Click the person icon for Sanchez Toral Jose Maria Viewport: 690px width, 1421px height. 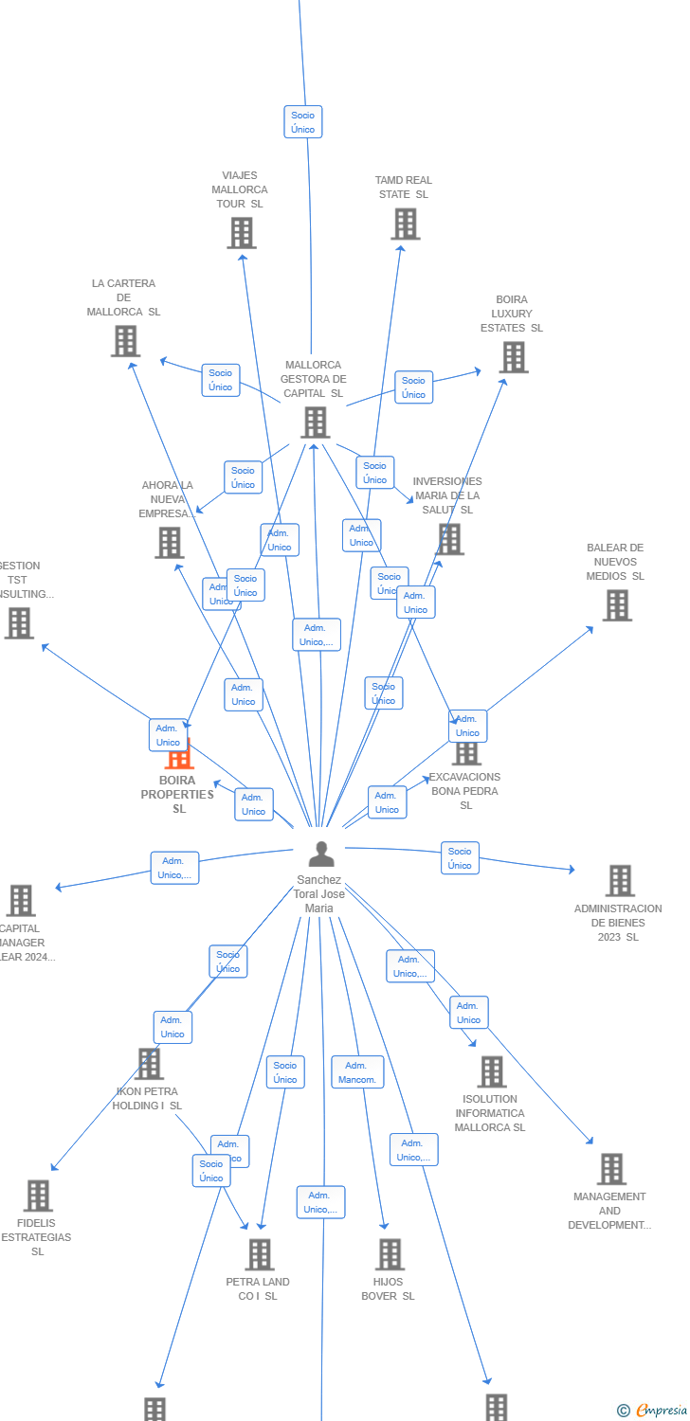(x=321, y=854)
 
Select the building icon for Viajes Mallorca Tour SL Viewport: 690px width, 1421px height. (x=242, y=232)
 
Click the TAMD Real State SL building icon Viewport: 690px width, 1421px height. (x=405, y=225)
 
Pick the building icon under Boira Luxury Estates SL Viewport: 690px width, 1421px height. (x=514, y=357)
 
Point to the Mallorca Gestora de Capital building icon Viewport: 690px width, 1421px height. (x=315, y=423)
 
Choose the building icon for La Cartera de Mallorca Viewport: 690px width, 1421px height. (x=125, y=341)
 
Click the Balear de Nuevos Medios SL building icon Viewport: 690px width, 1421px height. (x=617, y=605)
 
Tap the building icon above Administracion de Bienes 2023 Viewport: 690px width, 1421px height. (x=620, y=880)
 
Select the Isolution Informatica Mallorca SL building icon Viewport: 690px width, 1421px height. (x=491, y=1071)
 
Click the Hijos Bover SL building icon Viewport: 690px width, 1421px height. (x=390, y=1254)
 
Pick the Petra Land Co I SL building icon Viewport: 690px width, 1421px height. (x=259, y=1254)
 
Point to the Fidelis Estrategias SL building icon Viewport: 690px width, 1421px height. (x=38, y=1196)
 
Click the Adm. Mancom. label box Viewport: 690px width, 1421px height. (x=357, y=1072)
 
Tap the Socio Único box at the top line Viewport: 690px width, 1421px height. (x=303, y=122)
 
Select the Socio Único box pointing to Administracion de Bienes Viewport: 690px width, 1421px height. (x=460, y=858)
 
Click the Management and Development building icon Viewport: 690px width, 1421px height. (x=611, y=1169)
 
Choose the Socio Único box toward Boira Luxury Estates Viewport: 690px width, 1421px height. (x=413, y=387)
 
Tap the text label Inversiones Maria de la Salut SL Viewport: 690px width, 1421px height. (x=447, y=495)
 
